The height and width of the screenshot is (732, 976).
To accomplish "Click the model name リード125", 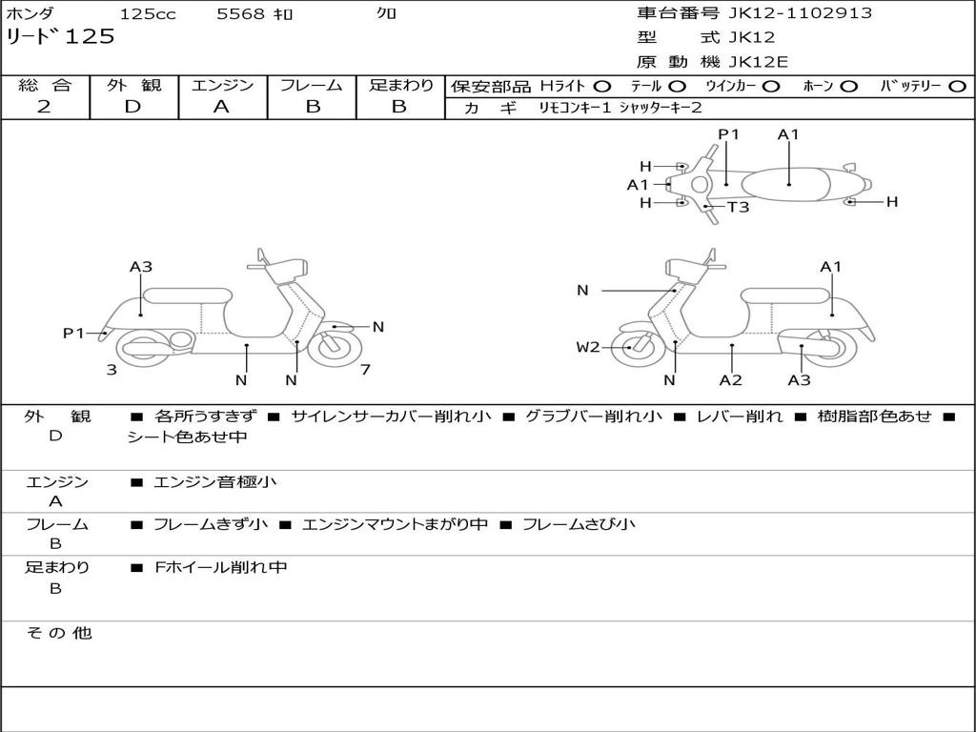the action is click(60, 37).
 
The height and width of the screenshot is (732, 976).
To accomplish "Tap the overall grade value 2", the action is click(44, 107).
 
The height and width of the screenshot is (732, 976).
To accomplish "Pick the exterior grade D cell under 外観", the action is click(132, 107).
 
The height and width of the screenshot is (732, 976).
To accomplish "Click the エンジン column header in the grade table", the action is click(222, 86).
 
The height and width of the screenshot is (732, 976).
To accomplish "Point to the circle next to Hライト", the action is click(602, 86).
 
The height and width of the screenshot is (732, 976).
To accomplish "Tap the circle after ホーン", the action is click(849, 86).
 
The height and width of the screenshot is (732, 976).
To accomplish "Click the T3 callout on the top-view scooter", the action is click(739, 207).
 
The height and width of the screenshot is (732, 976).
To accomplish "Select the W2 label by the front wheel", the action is click(588, 347).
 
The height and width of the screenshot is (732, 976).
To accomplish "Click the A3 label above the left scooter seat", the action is click(141, 267).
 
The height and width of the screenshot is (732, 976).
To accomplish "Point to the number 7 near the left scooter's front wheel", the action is click(365, 369).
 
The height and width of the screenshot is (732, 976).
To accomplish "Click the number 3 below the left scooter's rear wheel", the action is click(112, 369).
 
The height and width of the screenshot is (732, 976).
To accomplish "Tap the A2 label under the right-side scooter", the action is click(731, 380).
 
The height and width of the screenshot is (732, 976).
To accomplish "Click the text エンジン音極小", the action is click(214, 482).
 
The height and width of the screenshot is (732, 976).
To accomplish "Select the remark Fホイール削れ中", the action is click(220, 567).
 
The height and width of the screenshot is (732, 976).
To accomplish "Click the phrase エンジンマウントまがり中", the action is click(395, 524).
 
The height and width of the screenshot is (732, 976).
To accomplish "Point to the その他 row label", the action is click(58, 633).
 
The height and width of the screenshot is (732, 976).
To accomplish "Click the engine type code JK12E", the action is click(758, 62).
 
